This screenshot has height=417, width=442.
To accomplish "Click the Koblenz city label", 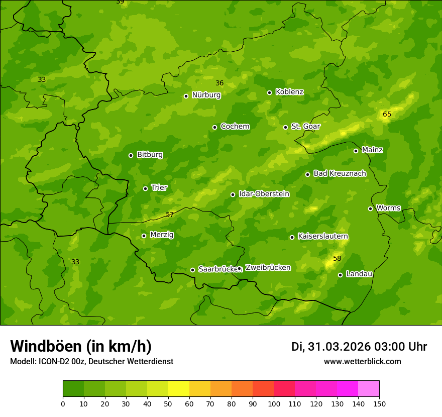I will point(289,92).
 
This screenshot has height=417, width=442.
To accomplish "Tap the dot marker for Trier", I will point(146,188).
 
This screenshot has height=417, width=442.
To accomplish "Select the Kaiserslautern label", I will point(323,236).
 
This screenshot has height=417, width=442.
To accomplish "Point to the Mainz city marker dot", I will point(356,151).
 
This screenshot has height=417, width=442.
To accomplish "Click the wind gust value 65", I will point(387,115).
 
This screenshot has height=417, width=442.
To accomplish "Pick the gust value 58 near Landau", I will point(337,259).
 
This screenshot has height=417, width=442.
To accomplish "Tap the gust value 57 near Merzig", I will point(170,215).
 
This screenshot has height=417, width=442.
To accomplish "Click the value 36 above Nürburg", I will point(219,83).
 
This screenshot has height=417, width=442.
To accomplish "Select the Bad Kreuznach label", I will point(340,173).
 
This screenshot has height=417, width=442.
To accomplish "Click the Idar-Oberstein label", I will point(264,193).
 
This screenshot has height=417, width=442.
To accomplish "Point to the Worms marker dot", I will point(370,208).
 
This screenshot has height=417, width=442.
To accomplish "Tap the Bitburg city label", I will point(150,155).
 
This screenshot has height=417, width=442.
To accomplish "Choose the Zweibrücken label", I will point(268,268).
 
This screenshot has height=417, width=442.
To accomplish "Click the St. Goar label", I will point(305,126).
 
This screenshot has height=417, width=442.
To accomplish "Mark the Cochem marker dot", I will point(214,127).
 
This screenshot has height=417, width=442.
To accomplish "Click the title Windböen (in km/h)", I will point(81,346).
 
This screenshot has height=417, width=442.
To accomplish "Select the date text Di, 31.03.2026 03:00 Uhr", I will point(359,347).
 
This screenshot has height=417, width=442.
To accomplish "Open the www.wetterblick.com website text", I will point(362,361).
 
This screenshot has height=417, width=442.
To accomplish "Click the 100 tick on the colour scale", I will point(274,403).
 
